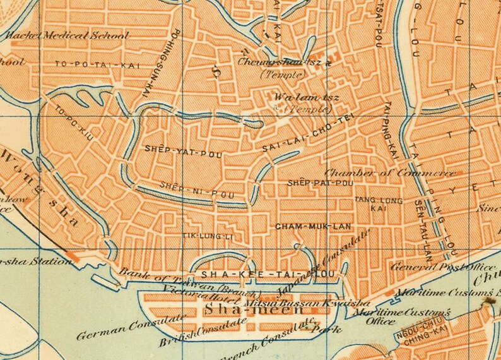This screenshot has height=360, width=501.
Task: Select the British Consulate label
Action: point(194,330)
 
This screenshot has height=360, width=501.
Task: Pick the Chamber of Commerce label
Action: point(390,172)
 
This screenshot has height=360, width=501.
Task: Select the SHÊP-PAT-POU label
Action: point(319,183)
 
